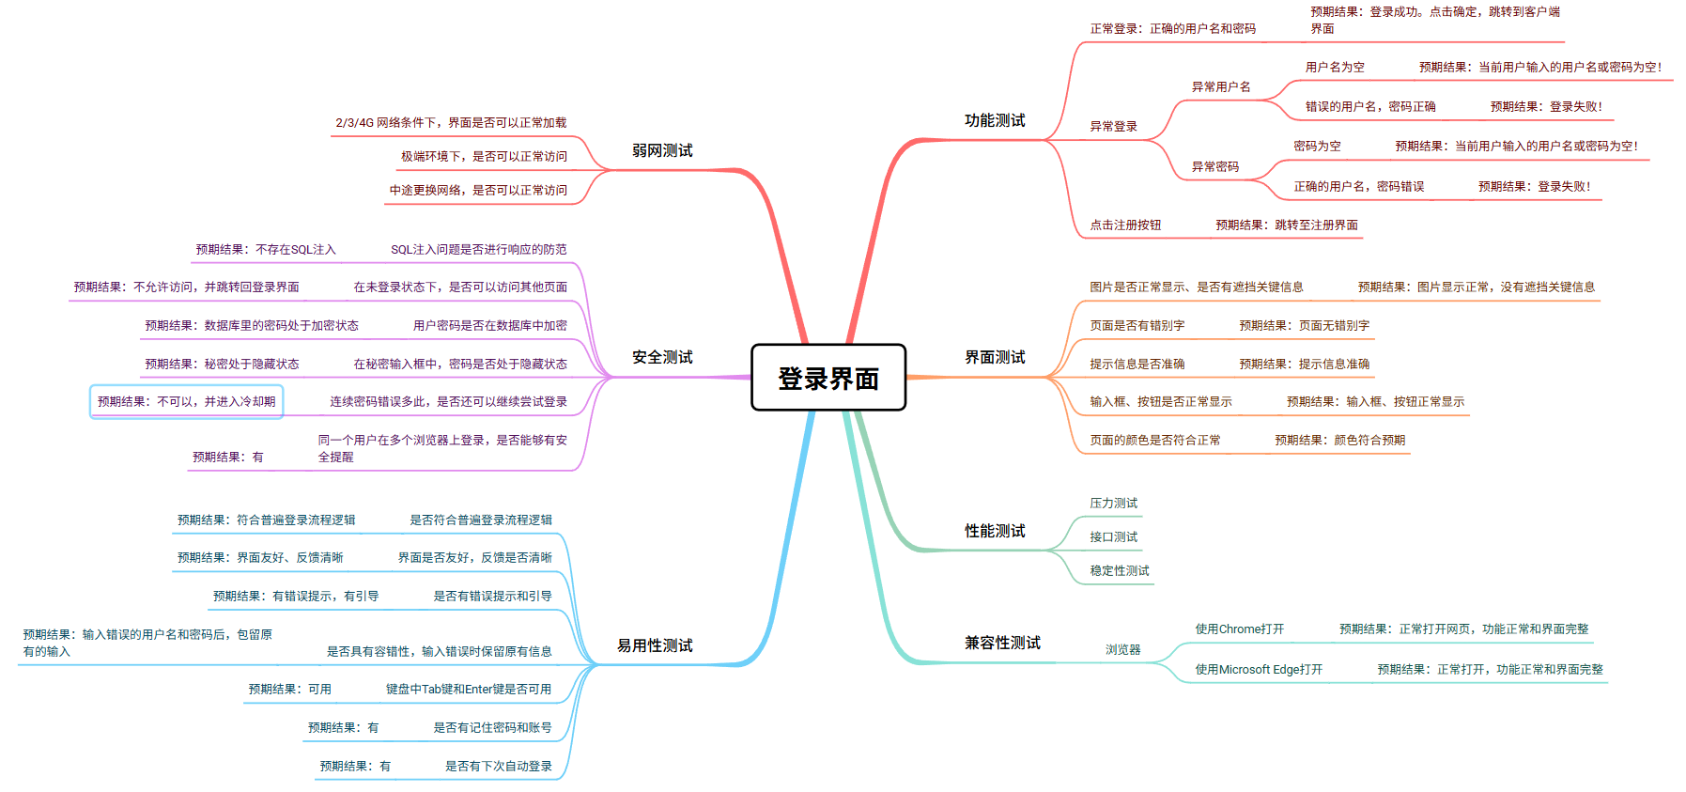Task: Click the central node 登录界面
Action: coord(828,378)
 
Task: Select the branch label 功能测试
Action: coord(995,120)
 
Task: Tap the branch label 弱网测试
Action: coord(662,150)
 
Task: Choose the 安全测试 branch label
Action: coord(662,357)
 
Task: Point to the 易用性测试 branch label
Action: coord(655,645)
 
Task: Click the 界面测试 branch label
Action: coord(995,357)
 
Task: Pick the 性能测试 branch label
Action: coord(995,531)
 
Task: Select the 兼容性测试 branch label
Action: coord(1002,643)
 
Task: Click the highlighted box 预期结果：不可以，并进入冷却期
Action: coord(186,401)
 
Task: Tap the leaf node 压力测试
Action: coord(1113,503)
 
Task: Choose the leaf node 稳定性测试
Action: coord(1119,570)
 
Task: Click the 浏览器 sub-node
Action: coord(1122,649)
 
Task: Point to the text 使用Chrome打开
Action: coord(1239,629)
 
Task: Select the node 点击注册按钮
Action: coord(1125,225)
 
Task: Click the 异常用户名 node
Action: coord(1221,86)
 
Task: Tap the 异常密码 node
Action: coord(1214,166)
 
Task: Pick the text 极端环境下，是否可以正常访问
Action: coord(484,156)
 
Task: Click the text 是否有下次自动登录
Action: coord(498,766)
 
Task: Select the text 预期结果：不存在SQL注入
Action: coord(265,249)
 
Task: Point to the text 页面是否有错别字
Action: coord(1137,325)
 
